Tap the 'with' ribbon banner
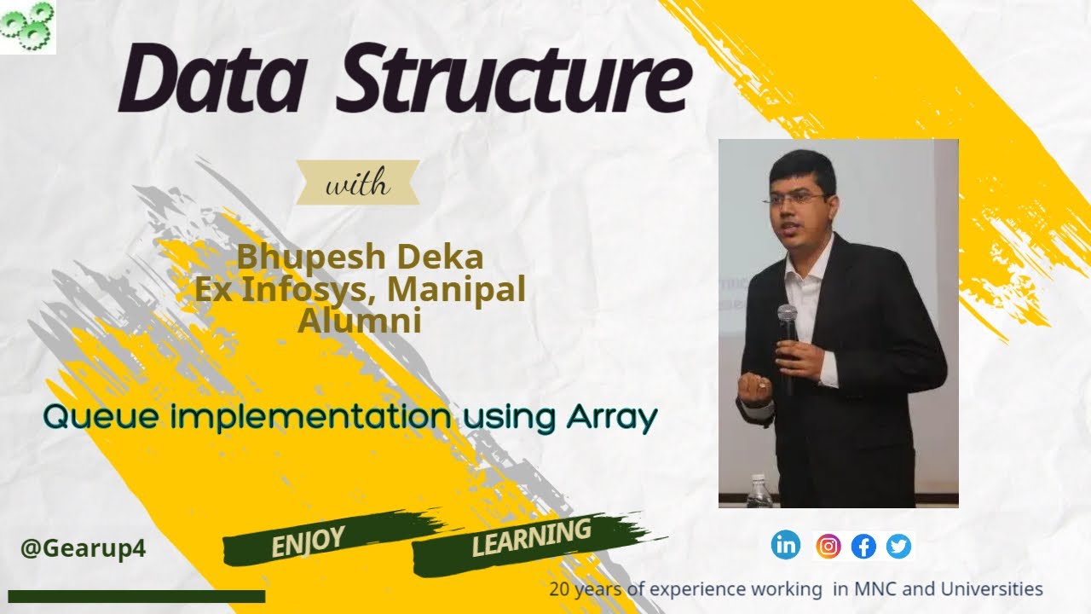(x=357, y=182)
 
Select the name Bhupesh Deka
(x=359, y=256)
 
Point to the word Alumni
(x=359, y=321)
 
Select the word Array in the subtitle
(x=610, y=418)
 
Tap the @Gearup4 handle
(x=83, y=548)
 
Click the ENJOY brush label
(x=308, y=541)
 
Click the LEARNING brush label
(x=531, y=537)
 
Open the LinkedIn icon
(x=786, y=545)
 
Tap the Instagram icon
(x=828, y=546)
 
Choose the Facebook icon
(x=863, y=546)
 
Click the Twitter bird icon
(x=898, y=546)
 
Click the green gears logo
(x=27, y=26)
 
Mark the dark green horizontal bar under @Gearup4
(x=136, y=596)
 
